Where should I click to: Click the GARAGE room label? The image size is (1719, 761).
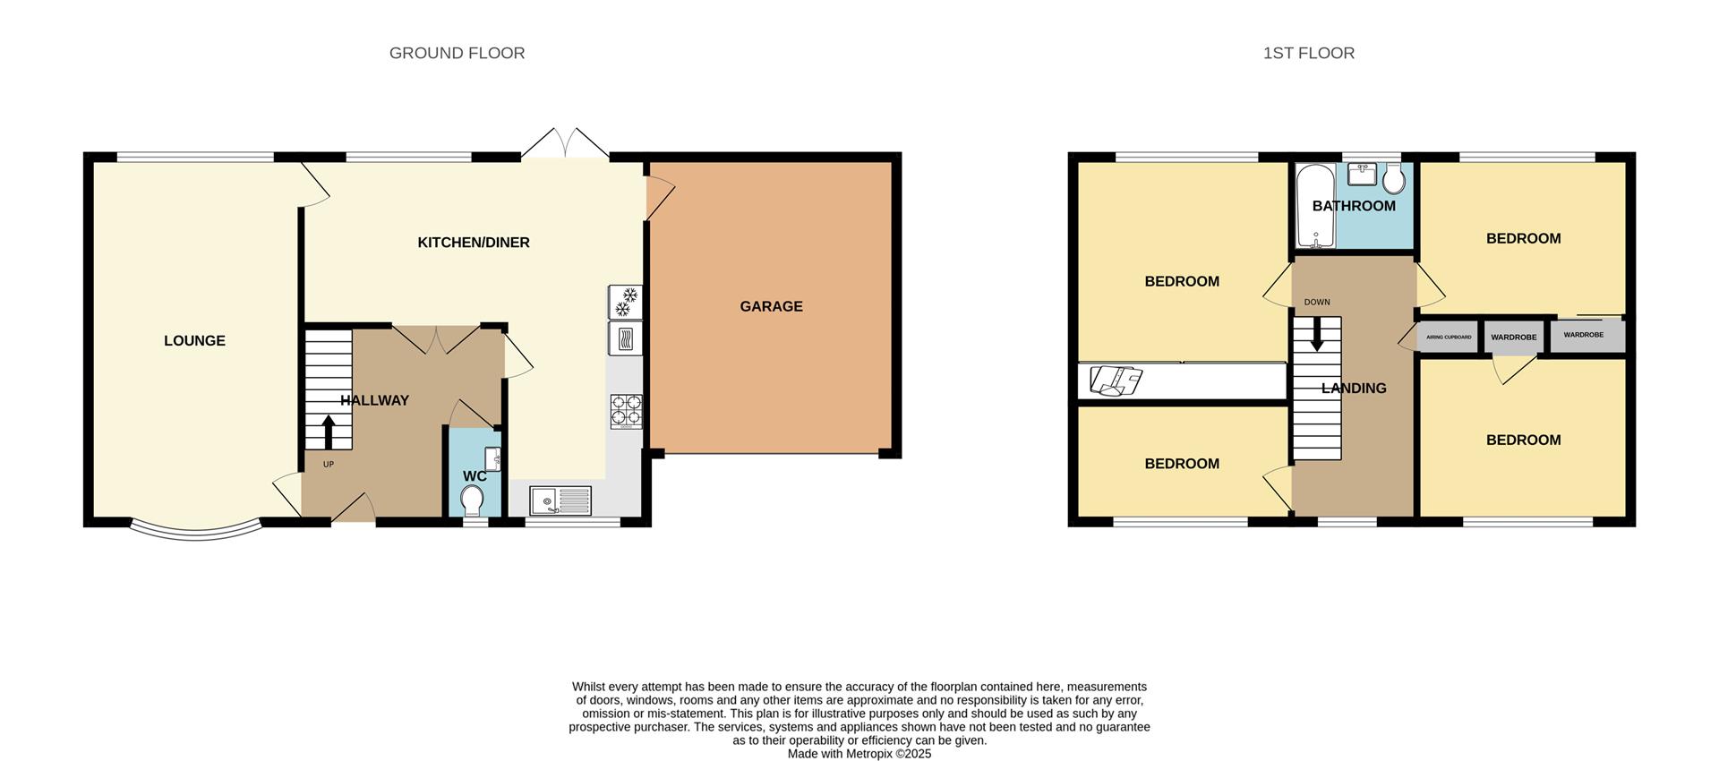[x=771, y=306]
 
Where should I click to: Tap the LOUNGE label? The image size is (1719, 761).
[x=194, y=340]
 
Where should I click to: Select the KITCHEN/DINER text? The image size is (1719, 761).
[x=474, y=243]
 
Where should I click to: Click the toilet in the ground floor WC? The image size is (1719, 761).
[x=472, y=500]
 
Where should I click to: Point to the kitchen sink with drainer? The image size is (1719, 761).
[x=560, y=500]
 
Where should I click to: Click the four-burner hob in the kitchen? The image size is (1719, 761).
[x=626, y=411]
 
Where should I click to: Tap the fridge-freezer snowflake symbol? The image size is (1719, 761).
[x=626, y=302]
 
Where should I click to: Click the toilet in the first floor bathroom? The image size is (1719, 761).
[x=1393, y=180]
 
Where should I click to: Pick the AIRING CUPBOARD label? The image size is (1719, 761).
[x=1449, y=337]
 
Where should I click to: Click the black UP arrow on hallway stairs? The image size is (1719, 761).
[x=328, y=431]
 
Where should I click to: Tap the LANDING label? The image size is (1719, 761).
[x=1354, y=389]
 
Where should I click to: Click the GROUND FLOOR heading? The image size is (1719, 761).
[x=457, y=53]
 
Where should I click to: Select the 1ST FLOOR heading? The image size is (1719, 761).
[x=1308, y=53]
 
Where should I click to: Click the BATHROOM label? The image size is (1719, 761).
[x=1354, y=206]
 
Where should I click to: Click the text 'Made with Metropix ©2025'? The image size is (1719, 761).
[x=859, y=754]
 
